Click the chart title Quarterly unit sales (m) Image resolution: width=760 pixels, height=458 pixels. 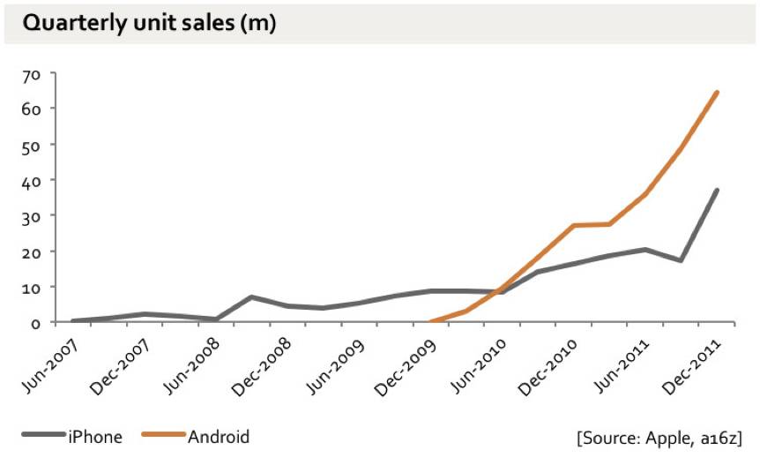(150, 24)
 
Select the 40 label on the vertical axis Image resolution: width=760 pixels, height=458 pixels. (32, 180)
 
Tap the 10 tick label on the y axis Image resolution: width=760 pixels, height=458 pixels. (32, 287)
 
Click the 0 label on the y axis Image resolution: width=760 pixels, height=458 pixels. (35, 323)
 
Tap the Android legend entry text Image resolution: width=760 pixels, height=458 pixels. (219, 436)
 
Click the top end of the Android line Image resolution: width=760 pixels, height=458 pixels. (718, 92)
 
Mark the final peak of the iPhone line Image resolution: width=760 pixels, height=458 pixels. (718, 190)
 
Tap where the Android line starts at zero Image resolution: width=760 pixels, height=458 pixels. (430, 322)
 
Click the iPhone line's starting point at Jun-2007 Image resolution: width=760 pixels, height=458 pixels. (72, 321)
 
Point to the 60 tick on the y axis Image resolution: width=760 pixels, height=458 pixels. (32, 109)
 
